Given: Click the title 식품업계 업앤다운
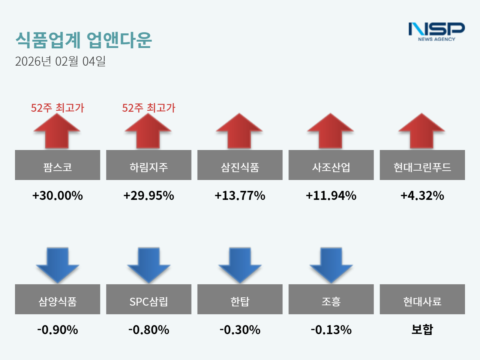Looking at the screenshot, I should click(83, 40).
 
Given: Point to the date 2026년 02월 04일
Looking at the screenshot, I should click(60, 61).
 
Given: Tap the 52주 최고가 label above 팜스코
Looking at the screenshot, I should click(57, 108).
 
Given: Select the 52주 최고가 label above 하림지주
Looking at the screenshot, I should click(148, 108).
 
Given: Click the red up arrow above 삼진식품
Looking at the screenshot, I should click(240, 131).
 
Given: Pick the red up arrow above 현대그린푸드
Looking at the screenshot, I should click(422, 131).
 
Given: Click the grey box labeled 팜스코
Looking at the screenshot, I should click(57, 165).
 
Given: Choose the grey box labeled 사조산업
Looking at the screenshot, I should click(331, 165).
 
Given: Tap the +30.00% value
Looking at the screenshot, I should click(57, 196).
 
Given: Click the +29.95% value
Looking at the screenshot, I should click(148, 196).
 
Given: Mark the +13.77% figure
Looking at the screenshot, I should click(240, 196).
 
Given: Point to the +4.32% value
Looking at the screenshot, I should click(422, 196).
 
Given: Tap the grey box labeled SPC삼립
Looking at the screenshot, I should click(148, 299).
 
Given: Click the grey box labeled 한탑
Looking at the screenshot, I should click(240, 299).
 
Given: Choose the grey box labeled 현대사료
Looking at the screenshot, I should click(422, 299).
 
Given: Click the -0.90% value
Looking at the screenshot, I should click(57, 330).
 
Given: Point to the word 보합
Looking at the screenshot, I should click(422, 329).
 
